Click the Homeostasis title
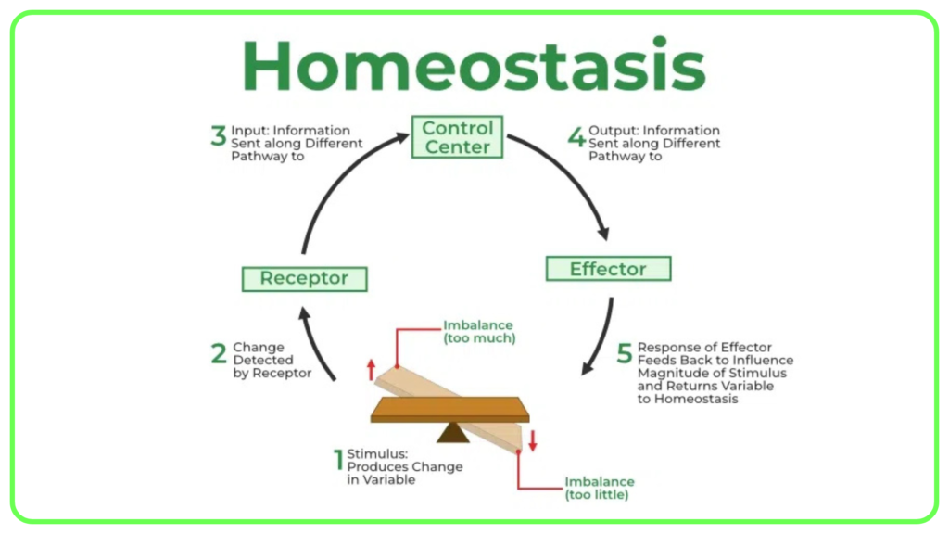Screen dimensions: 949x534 (474, 65)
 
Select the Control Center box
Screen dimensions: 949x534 (457, 137)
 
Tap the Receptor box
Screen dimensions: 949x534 (304, 278)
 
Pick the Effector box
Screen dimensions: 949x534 (608, 268)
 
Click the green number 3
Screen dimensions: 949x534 (218, 135)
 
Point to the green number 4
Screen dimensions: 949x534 (576, 136)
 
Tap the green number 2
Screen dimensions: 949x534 (219, 353)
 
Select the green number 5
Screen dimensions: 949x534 (624, 353)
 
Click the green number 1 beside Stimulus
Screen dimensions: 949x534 (338, 460)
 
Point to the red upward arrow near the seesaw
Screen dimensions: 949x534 (371, 370)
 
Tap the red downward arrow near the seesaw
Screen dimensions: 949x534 (533, 440)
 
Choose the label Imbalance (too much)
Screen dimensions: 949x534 (479, 332)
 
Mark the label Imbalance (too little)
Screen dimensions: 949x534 (600, 488)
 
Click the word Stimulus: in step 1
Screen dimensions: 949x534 (377, 453)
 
